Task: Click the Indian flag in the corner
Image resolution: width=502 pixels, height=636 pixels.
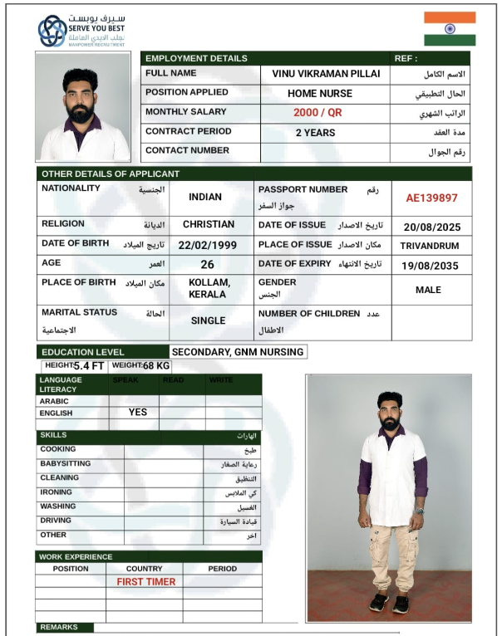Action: tap(450, 28)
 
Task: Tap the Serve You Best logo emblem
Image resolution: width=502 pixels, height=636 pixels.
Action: tap(52, 31)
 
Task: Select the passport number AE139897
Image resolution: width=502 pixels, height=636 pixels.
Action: tap(431, 198)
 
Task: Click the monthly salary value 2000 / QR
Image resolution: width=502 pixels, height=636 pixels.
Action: tap(317, 113)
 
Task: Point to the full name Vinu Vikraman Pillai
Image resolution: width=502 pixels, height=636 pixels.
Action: tap(326, 74)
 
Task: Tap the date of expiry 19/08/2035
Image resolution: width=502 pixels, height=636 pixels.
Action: tap(431, 266)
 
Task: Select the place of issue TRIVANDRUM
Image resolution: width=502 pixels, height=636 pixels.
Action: tap(431, 247)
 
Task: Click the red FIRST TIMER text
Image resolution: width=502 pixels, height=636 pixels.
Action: tap(146, 582)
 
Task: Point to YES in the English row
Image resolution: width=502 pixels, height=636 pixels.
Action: tap(138, 412)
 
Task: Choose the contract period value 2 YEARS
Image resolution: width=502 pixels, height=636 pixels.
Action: tap(316, 133)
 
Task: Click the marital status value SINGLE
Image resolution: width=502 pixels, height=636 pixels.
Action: tap(208, 320)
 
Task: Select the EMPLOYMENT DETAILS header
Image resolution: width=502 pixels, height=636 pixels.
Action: tap(197, 58)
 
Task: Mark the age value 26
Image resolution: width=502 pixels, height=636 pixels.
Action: tap(208, 265)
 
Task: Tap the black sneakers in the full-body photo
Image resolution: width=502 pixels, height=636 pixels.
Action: tap(390, 603)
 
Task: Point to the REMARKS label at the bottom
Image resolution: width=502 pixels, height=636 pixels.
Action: tap(59, 628)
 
